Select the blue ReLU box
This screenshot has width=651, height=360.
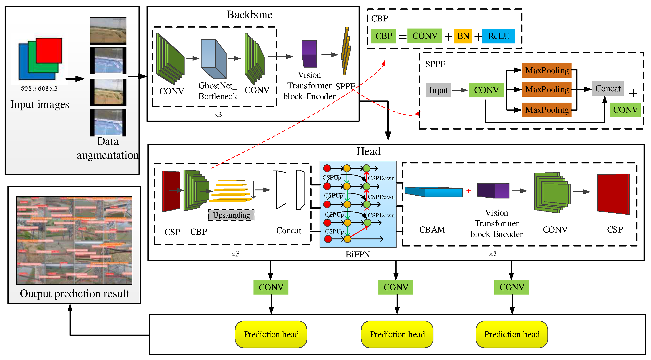click(x=498, y=36)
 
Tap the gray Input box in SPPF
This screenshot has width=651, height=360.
click(x=438, y=90)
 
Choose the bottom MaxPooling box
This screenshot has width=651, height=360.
click(x=547, y=110)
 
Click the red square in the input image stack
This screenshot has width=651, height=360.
click(x=49, y=50)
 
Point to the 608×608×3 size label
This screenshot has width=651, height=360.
click(x=39, y=89)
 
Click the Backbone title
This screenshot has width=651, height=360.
click(x=249, y=15)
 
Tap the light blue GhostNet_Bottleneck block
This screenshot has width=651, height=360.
click(x=213, y=59)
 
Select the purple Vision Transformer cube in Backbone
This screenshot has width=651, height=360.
click(x=309, y=54)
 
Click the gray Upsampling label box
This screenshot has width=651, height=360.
click(x=231, y=215)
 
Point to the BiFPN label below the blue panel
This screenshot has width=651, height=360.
click(x=358, y=254)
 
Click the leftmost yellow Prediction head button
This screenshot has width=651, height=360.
click(x=271, y=334)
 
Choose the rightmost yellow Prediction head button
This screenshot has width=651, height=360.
click(x=512, y=334)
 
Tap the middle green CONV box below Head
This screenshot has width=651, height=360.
click(x=396, y=287)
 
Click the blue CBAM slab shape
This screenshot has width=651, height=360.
click(x=433, y=192)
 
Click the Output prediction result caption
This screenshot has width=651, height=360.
click(x=74, y=294)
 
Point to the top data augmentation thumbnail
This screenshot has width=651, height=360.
click(x=108, y=30)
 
